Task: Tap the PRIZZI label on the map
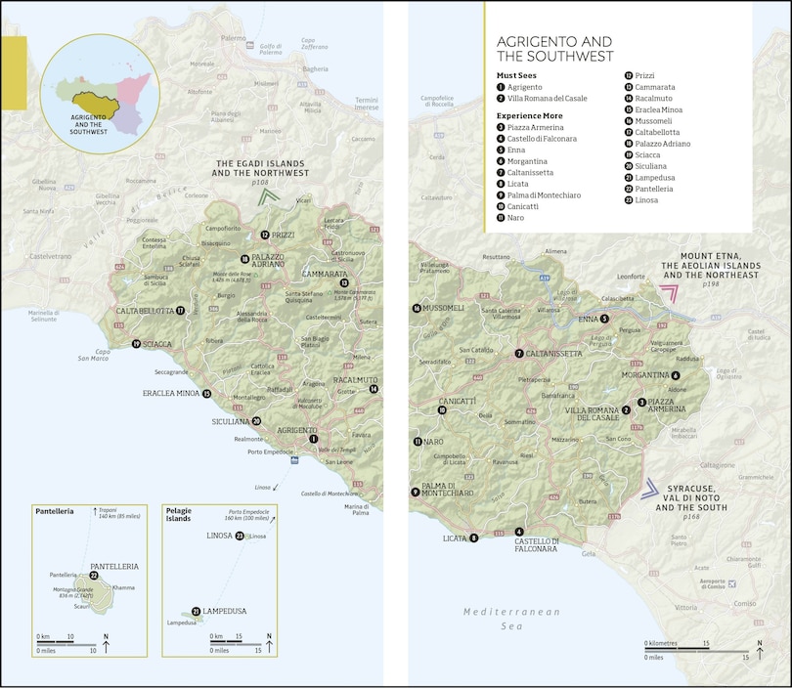point(283,235)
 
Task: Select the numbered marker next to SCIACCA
point(136,344)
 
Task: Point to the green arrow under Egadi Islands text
point(269,196)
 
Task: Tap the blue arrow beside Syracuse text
point(649,490)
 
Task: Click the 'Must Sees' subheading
point(518,74)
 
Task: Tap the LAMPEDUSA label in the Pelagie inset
point(226,611)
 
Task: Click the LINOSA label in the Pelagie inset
point(218,536)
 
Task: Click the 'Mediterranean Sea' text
point(511,619)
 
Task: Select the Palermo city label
point(233,38)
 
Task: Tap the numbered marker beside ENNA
point(604,319)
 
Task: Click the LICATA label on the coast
point(454,537)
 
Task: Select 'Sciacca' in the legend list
point(647,154)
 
